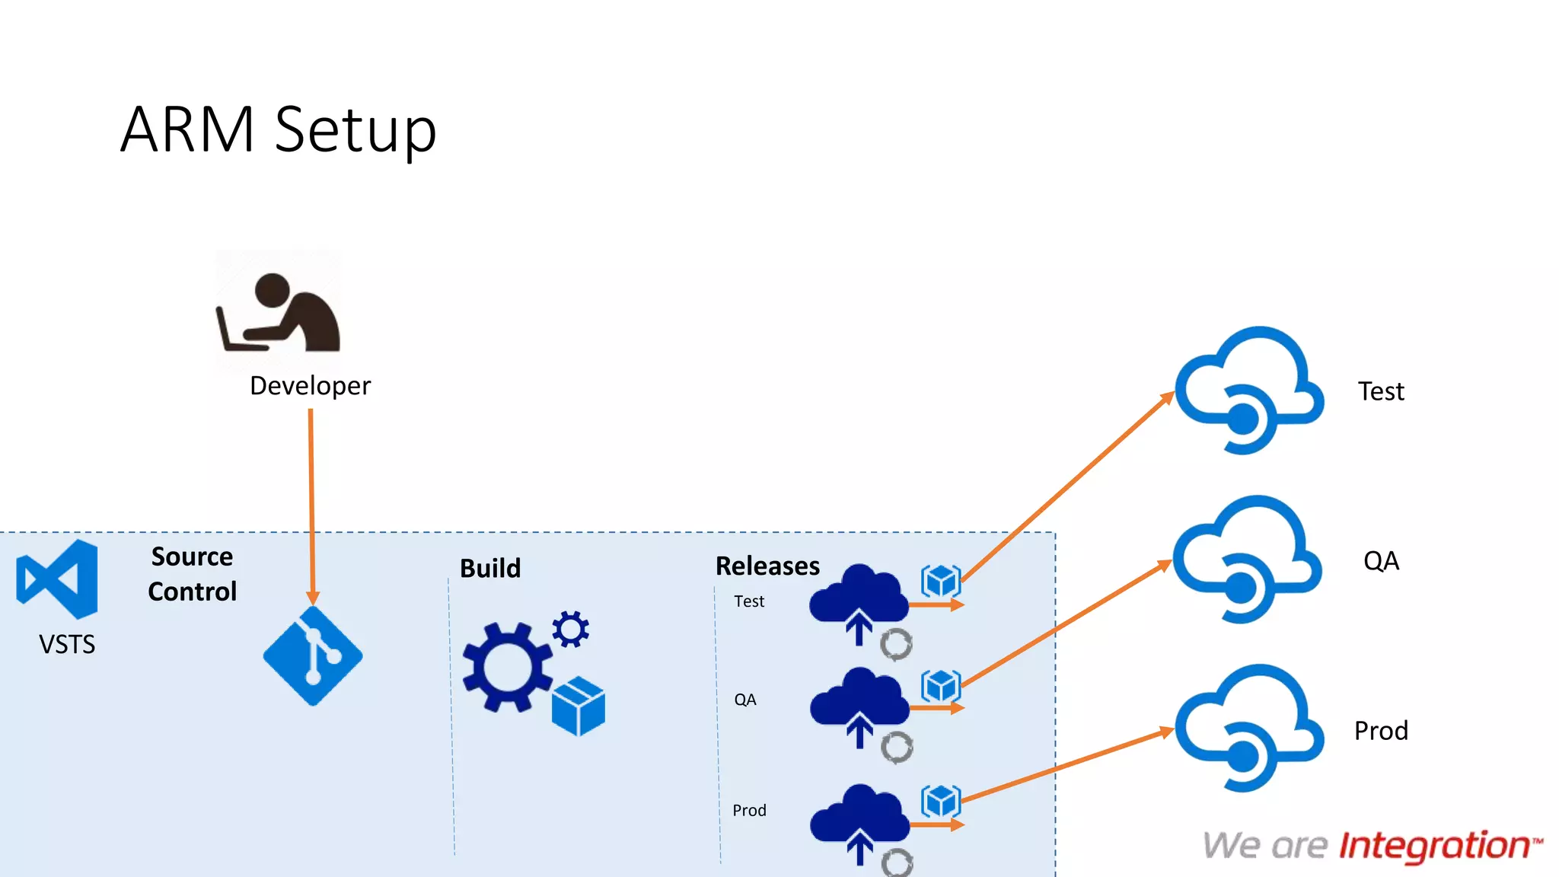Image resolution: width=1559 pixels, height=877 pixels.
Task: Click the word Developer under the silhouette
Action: [310, 386]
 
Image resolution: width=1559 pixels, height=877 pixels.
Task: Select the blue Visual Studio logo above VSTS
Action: [58, 579]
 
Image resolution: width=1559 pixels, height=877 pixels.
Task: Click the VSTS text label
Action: [67, 645]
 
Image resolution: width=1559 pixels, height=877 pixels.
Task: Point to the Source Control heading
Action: [192, 574]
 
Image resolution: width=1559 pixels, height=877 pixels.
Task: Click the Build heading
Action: [490, 569]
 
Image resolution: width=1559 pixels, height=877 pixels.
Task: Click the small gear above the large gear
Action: [570, 629]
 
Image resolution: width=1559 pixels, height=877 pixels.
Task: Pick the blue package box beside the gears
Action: [579, 706]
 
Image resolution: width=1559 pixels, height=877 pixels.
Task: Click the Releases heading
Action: [767, 566]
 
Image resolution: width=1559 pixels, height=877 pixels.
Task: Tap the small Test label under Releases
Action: [749, 601]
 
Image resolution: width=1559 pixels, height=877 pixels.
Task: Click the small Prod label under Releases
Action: [749, 811]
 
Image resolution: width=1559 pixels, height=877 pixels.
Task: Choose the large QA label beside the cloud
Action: [1381, 561]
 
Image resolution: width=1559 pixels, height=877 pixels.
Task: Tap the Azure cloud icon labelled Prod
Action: [1248, 728]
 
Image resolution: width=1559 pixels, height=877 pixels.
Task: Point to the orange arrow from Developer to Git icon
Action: [311, 502]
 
